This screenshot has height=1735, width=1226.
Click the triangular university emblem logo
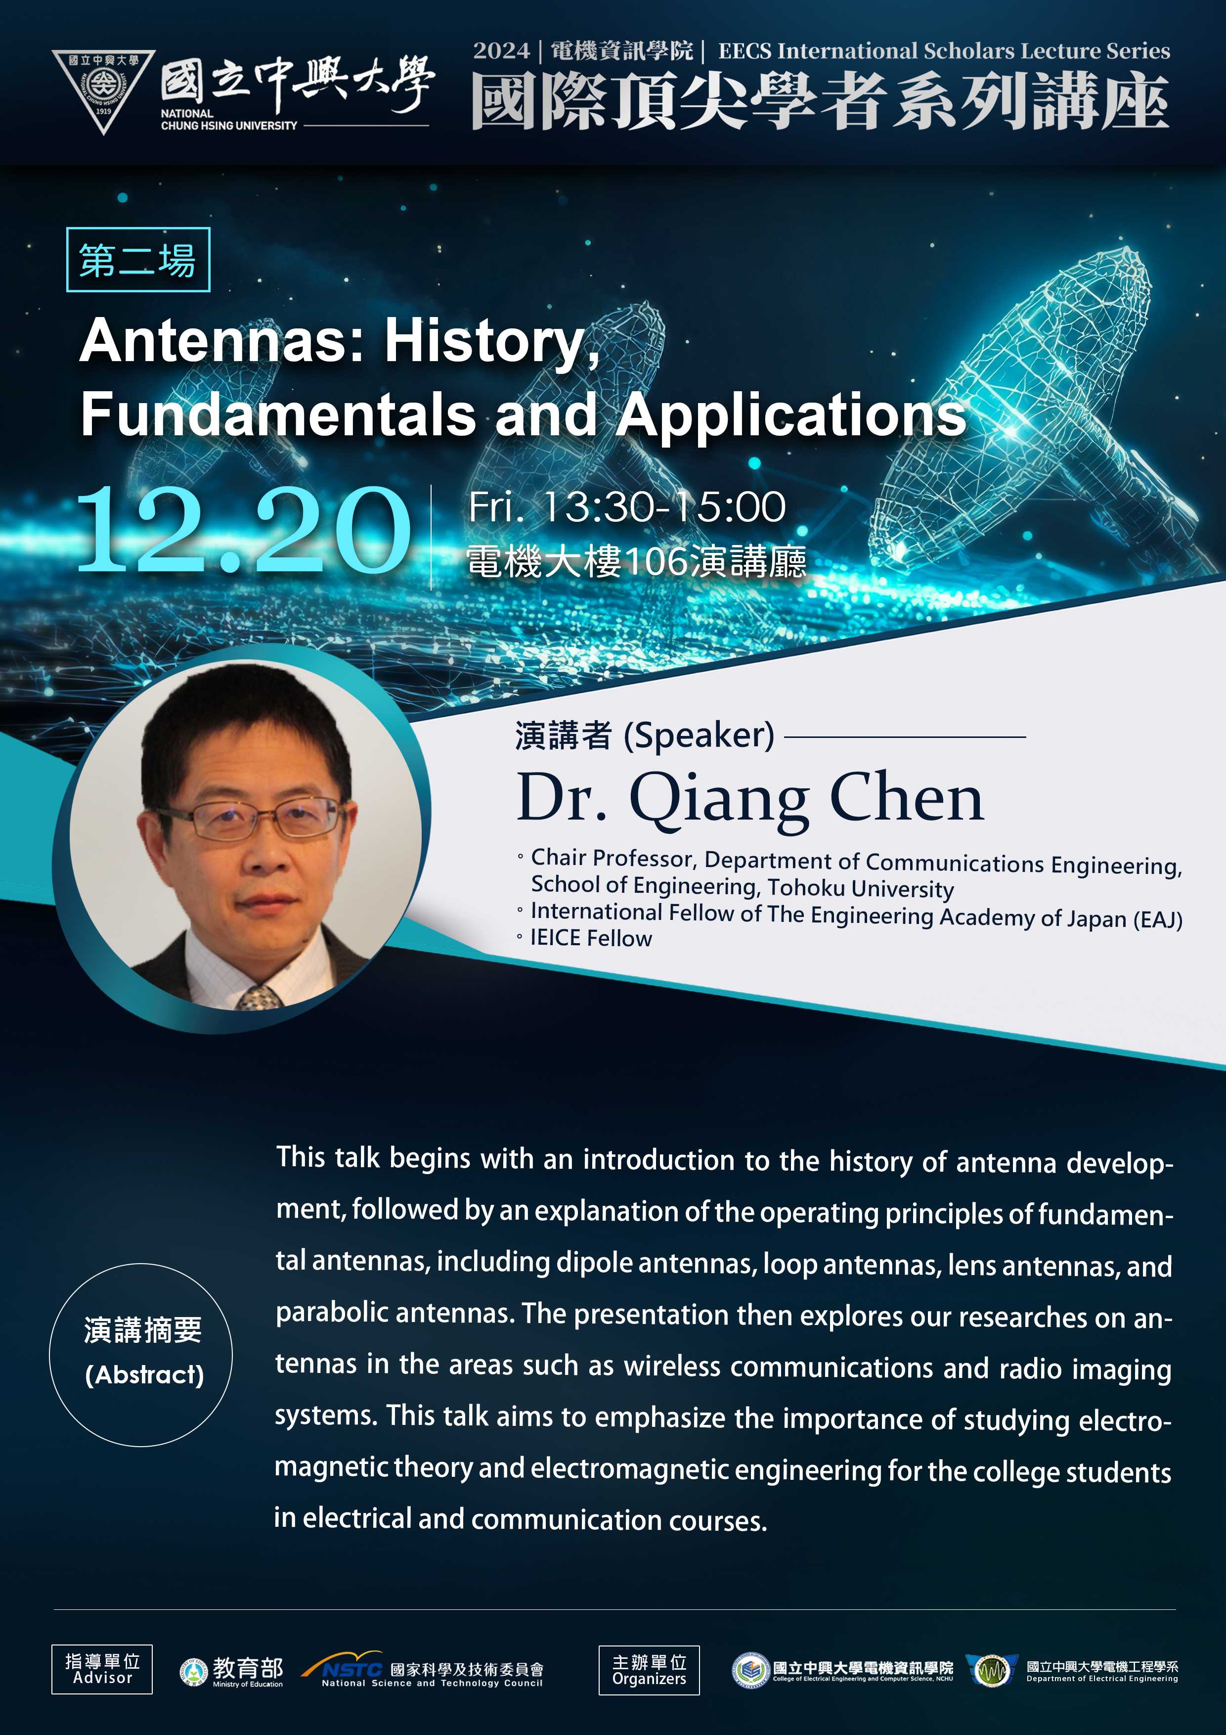(103, 89)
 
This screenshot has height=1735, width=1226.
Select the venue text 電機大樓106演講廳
(636, 561)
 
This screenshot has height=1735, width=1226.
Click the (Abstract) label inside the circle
(144, 1374)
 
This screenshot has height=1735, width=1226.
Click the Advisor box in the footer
(102, 1669)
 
